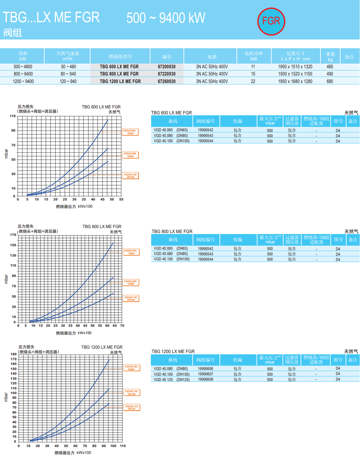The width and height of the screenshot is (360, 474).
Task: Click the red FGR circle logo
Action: pyautogui.click(x=271, y=21)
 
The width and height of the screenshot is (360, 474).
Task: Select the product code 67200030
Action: pyautogui.click(x=167, y=67)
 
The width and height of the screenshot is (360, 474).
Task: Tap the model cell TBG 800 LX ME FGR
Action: pyautogui.click(x=119, y=74)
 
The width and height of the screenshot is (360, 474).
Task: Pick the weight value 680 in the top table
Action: pyautogui.click(x=330, y=81)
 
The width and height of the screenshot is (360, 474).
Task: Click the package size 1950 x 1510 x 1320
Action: pyautogui.click(x=295, y=67)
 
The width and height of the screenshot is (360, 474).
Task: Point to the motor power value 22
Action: pyautogui.click(x=253, y=81)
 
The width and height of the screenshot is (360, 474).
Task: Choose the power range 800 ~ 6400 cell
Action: pyautogui.click(x=23, y=74)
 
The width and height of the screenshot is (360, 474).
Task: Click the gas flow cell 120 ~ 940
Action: pyautogui.click(x=68, y=81)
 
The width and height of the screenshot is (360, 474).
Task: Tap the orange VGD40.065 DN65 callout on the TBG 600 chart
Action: pyautogui.click(x=130, y=132)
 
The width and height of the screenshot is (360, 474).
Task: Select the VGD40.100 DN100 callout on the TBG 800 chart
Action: pyautogui.click(x=131, y=299)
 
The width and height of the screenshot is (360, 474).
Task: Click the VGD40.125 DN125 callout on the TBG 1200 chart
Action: pyautogui.click(x=132, y=408)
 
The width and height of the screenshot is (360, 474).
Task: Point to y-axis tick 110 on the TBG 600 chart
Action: pyautogui.click(x=13, y=116)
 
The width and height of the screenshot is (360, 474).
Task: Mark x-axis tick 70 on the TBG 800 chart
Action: pyautogui.click(x=122, y=326)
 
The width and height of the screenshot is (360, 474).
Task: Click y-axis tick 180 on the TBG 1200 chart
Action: pyautogui.click(x=13, y=354)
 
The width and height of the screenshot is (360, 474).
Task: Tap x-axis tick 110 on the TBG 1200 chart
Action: pyautogui.click(x=123, y=446)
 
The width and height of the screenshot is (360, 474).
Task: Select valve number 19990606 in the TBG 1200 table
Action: pyautogui.click(x=205, y=369)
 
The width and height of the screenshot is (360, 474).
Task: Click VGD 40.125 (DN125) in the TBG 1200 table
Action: pyautogui.click(x=172, y=380)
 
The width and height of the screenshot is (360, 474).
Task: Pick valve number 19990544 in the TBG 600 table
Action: pyautogui.click(x=205, y=141)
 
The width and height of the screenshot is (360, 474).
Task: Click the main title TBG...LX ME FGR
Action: pyautogui.click(x=51, y=18)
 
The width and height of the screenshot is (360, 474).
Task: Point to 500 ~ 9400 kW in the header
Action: pyautogui.click(x=166, y=18)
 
